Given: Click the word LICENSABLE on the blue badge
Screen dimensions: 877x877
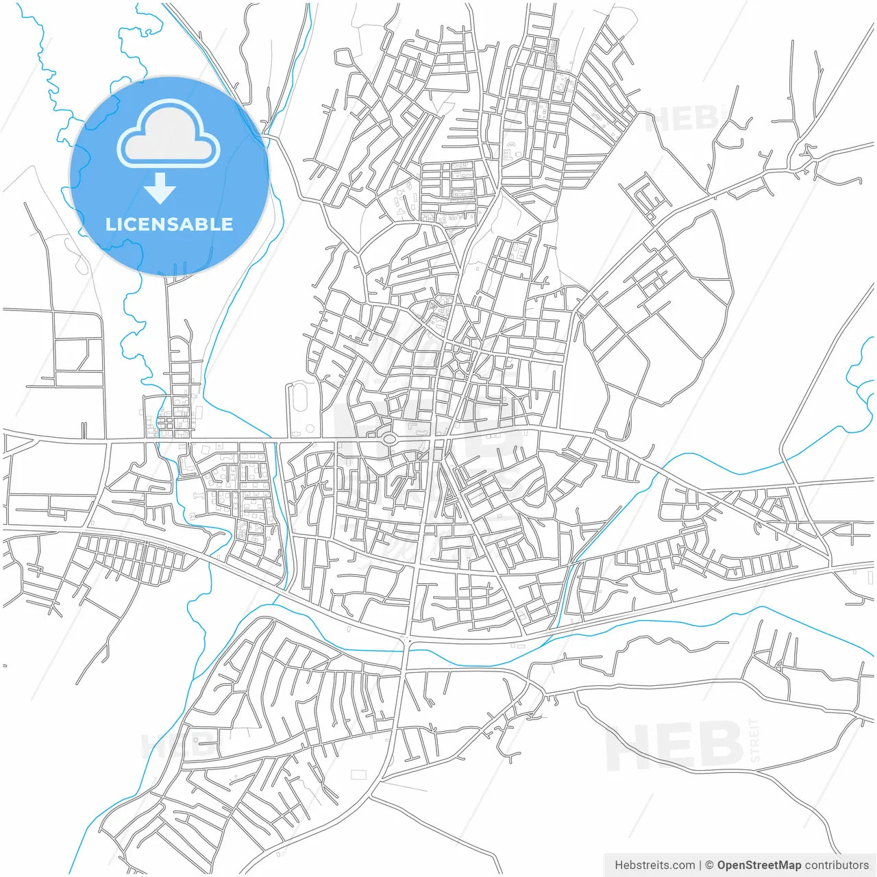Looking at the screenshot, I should (169, 224).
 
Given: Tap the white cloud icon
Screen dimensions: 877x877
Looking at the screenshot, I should (169, 136).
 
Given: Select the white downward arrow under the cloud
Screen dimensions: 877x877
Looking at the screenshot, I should (160, 188).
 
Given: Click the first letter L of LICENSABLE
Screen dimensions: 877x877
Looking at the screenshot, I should (110, 224).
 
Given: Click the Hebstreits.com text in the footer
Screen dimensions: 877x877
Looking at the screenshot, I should (654, 865).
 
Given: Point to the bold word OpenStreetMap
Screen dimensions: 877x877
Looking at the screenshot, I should (759, 865).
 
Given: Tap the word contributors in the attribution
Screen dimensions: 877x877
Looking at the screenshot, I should (837, 865).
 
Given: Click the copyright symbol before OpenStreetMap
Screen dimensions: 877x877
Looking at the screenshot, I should (709, 865).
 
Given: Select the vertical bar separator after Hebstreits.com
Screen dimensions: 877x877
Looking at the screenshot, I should (700, 865).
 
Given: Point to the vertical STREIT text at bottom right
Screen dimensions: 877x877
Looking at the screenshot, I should (755, 740).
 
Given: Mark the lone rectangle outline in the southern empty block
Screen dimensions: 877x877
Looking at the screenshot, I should (358, 774).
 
